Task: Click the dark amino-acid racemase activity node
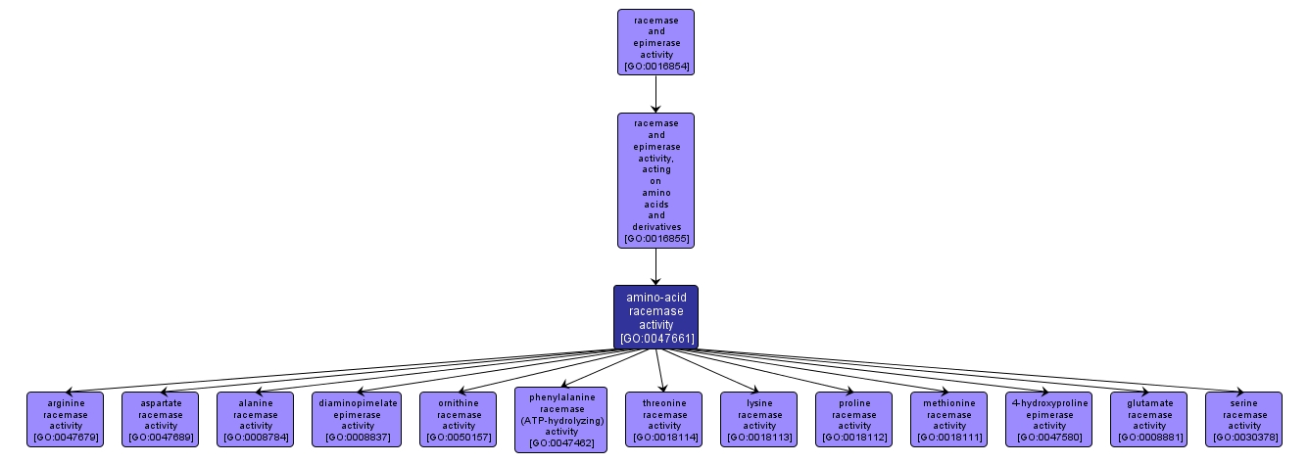[655, 316]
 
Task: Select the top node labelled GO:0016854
[655, 42]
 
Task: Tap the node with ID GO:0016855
[655, 179]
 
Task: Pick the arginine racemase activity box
[65, 419]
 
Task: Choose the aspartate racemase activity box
[160, 419]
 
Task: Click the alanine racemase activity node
[255, 419]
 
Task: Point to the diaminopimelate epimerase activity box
[358, 419]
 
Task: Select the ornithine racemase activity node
[459, 419]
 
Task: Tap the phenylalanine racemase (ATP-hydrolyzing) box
[560, 420]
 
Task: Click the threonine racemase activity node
[664, 419]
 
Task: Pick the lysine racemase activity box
[758, 419]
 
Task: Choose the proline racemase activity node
[853, 419]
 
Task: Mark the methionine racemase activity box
[948, 419]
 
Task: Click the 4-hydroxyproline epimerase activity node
[1049, 419]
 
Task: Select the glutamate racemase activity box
[1148, 419]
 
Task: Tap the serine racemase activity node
[1243, 419]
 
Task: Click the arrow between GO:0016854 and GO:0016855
[655, 94]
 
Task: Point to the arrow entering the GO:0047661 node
[655, 266]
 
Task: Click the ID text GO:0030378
[1243, 437]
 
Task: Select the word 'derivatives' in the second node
[655, 226]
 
